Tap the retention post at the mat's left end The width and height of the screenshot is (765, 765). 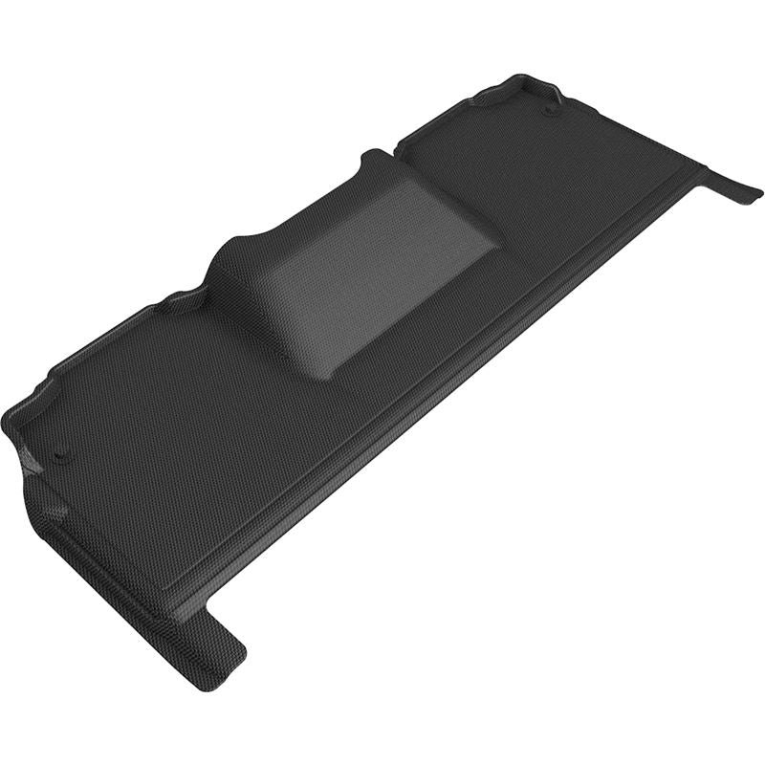click(x=60, y=453)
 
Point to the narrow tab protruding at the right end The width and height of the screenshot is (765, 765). click(x=732, y=184)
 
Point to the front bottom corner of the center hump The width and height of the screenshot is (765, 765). click(x=330, y=377)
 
